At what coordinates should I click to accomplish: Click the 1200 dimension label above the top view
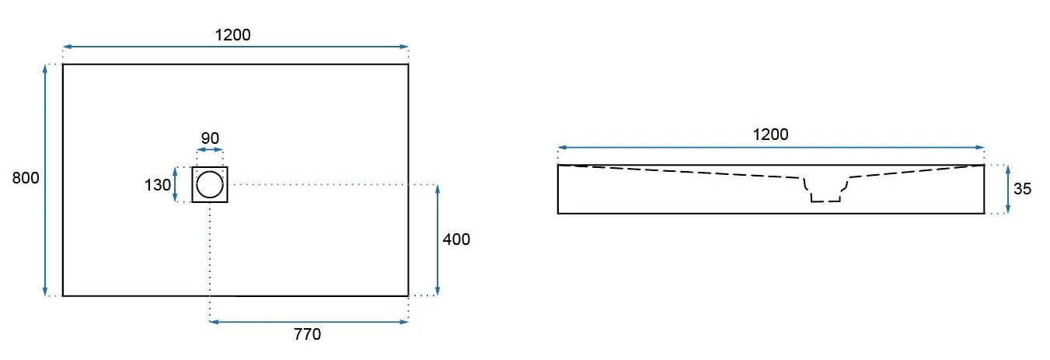[x=232, y=35]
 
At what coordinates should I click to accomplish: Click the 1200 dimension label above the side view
[x=770, y=135]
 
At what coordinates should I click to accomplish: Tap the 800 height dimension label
[x=26, y=178]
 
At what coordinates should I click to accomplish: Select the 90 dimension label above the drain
[x=210, y=138]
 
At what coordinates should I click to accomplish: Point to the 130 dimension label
[x=158, y=185]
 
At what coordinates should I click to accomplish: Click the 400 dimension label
[x=456, y=239]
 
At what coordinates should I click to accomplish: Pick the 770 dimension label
[x=308, y=334]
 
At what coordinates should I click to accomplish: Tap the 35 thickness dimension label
[x=1022, y=189]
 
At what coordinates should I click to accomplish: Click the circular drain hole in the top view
[x=210, y=185]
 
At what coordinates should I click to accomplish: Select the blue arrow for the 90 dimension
[x=210, y=150]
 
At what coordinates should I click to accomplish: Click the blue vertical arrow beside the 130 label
[x=175, y=185]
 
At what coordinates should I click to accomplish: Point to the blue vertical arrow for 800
[x=45, y=180]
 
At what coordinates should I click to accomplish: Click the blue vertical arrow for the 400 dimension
[x=438, y=240]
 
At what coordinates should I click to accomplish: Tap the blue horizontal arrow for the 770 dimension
[x=309, y=322]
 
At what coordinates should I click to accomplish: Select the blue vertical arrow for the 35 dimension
[x=1008, y=190]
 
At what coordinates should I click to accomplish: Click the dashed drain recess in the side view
[x=826, y=190]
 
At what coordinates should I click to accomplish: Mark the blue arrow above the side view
[x=771, y=148]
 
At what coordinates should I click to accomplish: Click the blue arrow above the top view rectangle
[x=235, y=47]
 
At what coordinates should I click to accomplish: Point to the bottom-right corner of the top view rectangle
[x=408, y=295]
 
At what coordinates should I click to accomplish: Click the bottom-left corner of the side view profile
[x=558, y=213]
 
